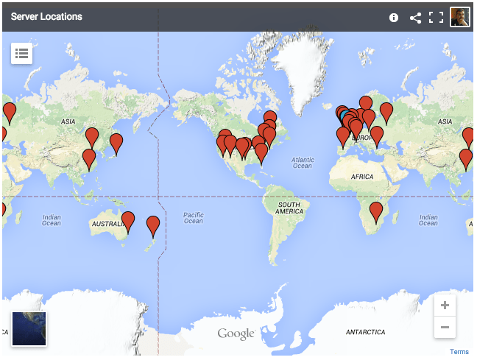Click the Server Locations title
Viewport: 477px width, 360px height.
(x=46, y=16)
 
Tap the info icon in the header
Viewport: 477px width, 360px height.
(x=394, y=17)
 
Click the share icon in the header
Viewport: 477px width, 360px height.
(x=415, y=17)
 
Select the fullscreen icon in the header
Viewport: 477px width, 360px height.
(x=437, y=17)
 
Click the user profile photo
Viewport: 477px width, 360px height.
(x=460, y=16)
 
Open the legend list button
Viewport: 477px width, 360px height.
(x=21, y=53)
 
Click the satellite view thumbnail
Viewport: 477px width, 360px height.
(x=29, y=328)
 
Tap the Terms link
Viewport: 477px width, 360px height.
(x=459, y=352)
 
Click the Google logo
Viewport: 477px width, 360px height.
(x=236, y=334)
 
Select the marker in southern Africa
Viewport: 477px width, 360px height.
(x=376, y=212)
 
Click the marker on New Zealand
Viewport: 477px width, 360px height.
(x=153, y=225)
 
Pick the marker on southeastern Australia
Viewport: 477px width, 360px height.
(x=128, y=221)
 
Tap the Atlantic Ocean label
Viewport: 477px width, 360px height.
(x=303, y=162)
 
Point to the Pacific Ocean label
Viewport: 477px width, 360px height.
(x=194, y=217)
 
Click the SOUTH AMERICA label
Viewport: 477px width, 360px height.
(x=289, y=208)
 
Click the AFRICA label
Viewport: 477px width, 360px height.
(x=362, y=177)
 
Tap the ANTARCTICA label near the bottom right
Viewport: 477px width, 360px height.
(x=366, y=332)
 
